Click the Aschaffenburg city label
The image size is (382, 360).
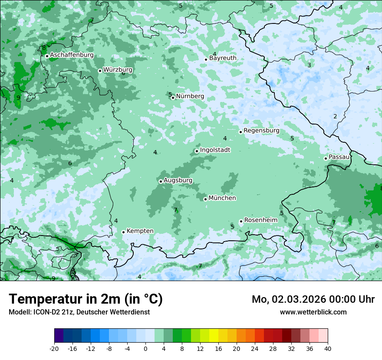(72, 55)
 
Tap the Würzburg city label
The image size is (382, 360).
(118, 70)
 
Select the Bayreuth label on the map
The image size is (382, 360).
(223, 58)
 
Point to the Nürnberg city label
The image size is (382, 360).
(190, 96)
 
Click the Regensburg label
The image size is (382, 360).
(261, 131)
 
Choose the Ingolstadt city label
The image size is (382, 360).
(215, 150)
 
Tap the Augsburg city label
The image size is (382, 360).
(178, 180)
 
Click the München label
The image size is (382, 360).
(222, 198)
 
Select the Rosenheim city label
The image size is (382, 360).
(260, 220)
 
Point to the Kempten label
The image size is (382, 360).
(140, 231)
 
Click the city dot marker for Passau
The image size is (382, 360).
(326, 158)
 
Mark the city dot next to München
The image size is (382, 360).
(205, 199)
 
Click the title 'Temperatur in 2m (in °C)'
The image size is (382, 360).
(86, 299)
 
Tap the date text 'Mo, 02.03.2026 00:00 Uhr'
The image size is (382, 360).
(313, 299)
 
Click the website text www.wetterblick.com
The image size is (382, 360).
(313, 312)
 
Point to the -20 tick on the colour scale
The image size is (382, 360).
(54, 348)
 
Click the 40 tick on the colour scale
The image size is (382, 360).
(328, 348)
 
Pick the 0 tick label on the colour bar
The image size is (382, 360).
(145, 348)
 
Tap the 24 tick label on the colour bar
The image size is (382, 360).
(255, 348)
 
